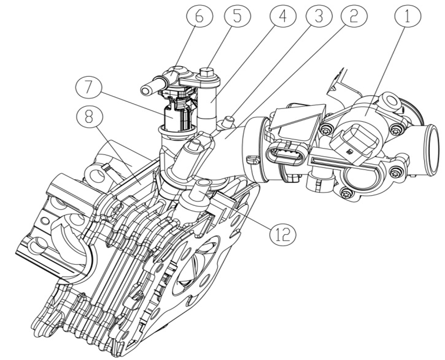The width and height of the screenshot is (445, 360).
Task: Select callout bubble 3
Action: [318, 16]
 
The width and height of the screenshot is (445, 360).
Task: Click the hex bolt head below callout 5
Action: [207, 74]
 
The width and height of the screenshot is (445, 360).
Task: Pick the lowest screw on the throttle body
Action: [347, 194]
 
